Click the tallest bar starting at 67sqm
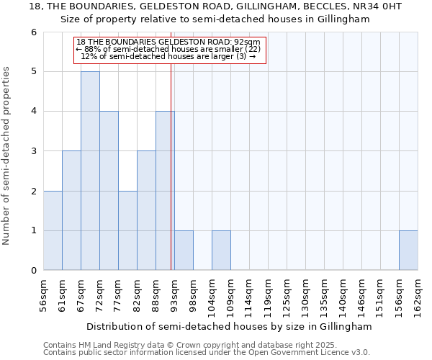coord(90,171)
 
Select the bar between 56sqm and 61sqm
coord(53,230)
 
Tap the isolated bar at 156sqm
coord(408,251)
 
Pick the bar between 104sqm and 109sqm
coord(221,251)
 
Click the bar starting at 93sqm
coord(184,251)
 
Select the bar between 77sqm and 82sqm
coord(127,230)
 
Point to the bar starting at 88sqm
coord(165,191)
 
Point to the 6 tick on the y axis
coord(34,32)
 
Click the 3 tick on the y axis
coord(34,151)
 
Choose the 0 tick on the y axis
coord(34,271)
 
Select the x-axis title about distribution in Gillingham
coord(230,326)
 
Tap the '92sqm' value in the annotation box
coord(248,42)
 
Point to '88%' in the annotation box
coord(93,49)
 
